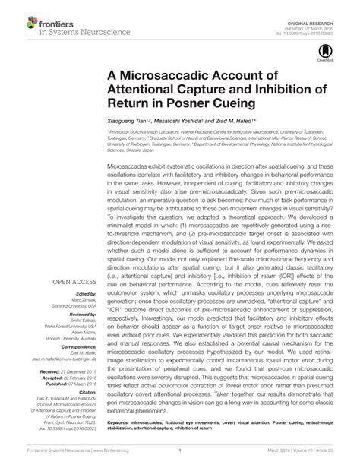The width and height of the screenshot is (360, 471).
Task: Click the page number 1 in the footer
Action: point(180,452)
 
